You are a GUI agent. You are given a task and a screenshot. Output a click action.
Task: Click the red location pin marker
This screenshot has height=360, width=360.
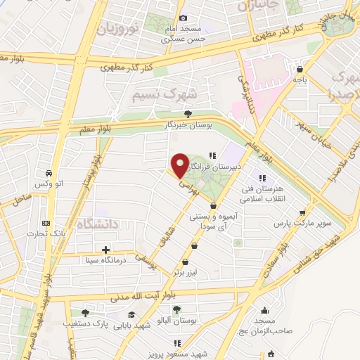click(x=180, y=165)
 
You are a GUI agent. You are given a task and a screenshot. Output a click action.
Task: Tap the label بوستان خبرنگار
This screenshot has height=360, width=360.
click(x=187, y=124)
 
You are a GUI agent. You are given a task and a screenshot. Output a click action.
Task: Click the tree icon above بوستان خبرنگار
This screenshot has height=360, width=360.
click(x=187, y=113)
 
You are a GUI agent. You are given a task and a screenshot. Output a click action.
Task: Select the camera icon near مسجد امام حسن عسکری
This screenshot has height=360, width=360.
click(x=183, y=18)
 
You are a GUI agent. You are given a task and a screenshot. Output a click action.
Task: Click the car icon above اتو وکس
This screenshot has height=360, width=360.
click(x=46, y=173)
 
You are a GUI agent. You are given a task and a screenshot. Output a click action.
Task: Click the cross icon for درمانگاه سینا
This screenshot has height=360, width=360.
click(x=105, y=250)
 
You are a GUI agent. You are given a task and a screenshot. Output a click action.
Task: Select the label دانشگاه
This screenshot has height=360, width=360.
click(x=96, y=225)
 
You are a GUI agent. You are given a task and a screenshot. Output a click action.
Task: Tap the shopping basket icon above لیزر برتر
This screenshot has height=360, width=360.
click(x=195, y=246)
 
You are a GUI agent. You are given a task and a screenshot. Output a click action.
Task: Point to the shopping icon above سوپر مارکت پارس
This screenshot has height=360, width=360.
click(x=302, y=212)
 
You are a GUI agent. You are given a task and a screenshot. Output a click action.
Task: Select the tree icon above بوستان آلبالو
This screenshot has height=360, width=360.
click(x=176, y=309)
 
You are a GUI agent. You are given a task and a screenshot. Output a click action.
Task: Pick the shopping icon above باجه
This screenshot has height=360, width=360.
click(x=300, y=70)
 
